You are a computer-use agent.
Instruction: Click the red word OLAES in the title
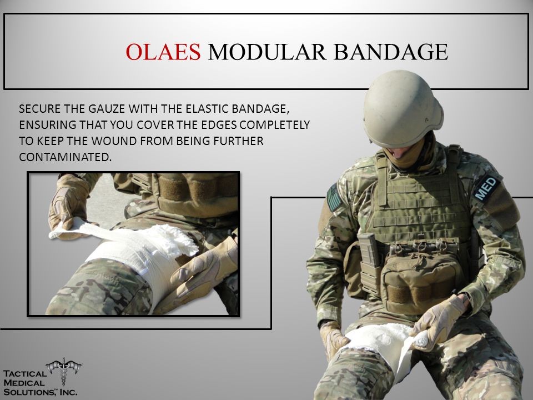point(163,52)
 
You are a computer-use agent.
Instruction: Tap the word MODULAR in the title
point(267,52)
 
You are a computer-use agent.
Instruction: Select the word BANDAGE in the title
point(391,52)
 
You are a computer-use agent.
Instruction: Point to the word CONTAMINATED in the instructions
point(66,157)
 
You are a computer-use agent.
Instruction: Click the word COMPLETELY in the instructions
point(275,125)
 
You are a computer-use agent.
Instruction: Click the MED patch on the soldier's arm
point(487,188)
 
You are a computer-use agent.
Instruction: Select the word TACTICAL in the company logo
point(25,374)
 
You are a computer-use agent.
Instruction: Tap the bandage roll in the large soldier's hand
point(421,339)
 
